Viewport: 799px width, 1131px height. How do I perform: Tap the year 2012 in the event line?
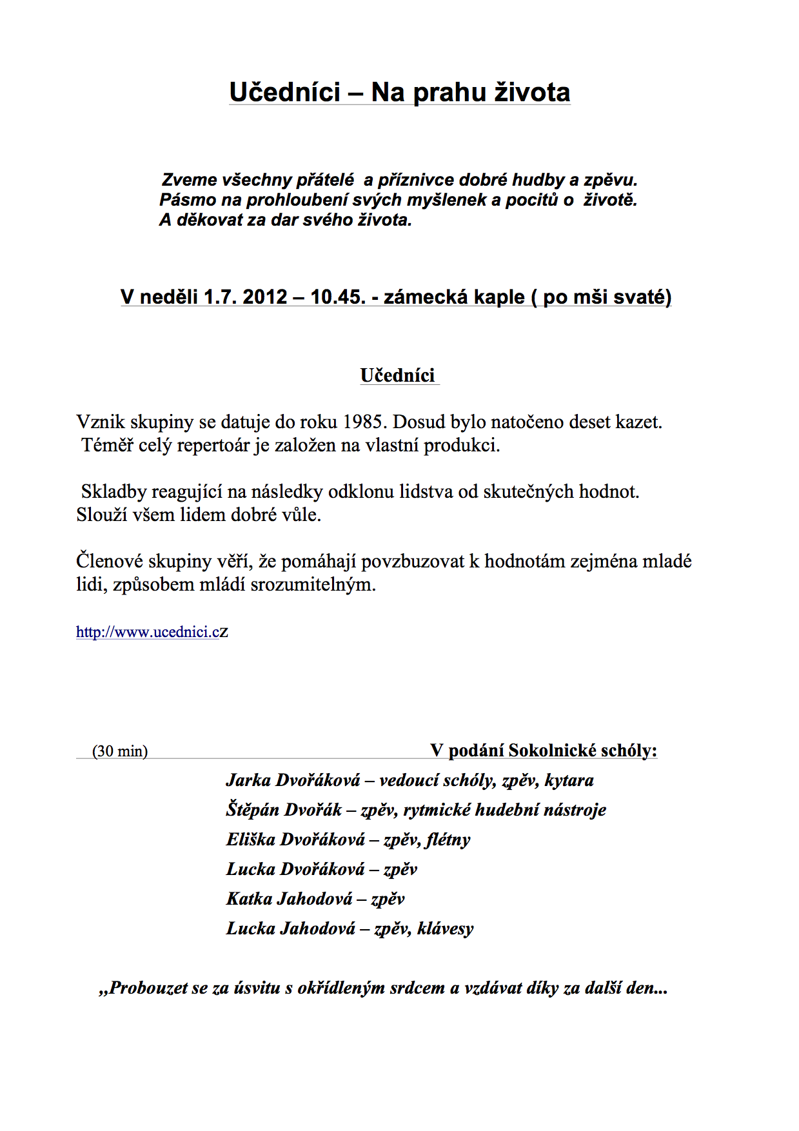click(x=264, y=297)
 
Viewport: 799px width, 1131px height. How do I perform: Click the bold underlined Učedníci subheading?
click(x=398, y=376)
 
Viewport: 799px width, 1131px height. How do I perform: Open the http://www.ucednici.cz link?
click(x=152, y=632)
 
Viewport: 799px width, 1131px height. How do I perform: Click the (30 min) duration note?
click(x=120, y=751)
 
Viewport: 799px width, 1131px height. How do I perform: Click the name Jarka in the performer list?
click(x=248, y=780)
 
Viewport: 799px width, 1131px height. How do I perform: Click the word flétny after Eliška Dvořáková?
click(x=448, y=840)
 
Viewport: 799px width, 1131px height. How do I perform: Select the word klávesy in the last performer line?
click(x=446, y=929)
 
